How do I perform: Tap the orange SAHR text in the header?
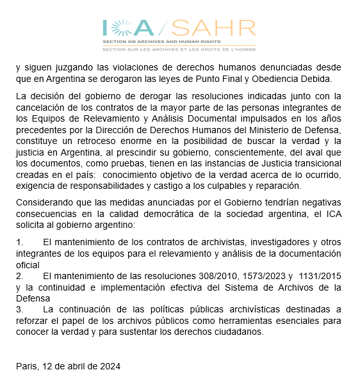pyautogui.click(x=214, y=28)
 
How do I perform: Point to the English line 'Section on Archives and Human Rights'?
pyautogui.click(x=160, y=42)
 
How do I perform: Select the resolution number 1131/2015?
pyautogui.click(x=319, y=276)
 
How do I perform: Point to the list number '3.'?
pyautogui.click(x=19, y=310)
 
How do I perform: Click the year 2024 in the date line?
pyautogui.click(x=108, y=366)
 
